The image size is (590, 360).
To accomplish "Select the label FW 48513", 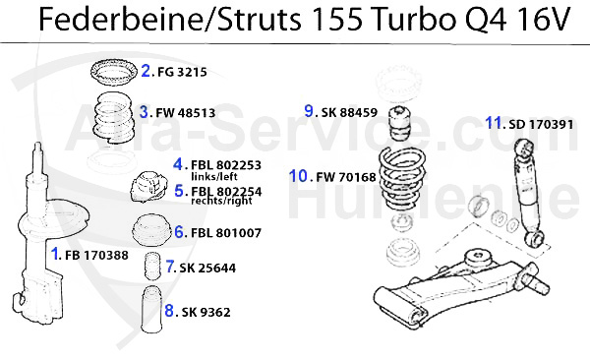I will [x=185, y=112].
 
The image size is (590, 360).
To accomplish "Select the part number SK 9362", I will [x=206, y=312].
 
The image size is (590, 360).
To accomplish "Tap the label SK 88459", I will [x=353, y=111].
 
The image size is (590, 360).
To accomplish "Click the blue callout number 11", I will [x=495, y=123].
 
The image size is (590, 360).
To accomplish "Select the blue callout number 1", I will [x=55, y=254].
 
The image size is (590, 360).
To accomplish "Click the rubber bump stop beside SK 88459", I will [x=402, y=123].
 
